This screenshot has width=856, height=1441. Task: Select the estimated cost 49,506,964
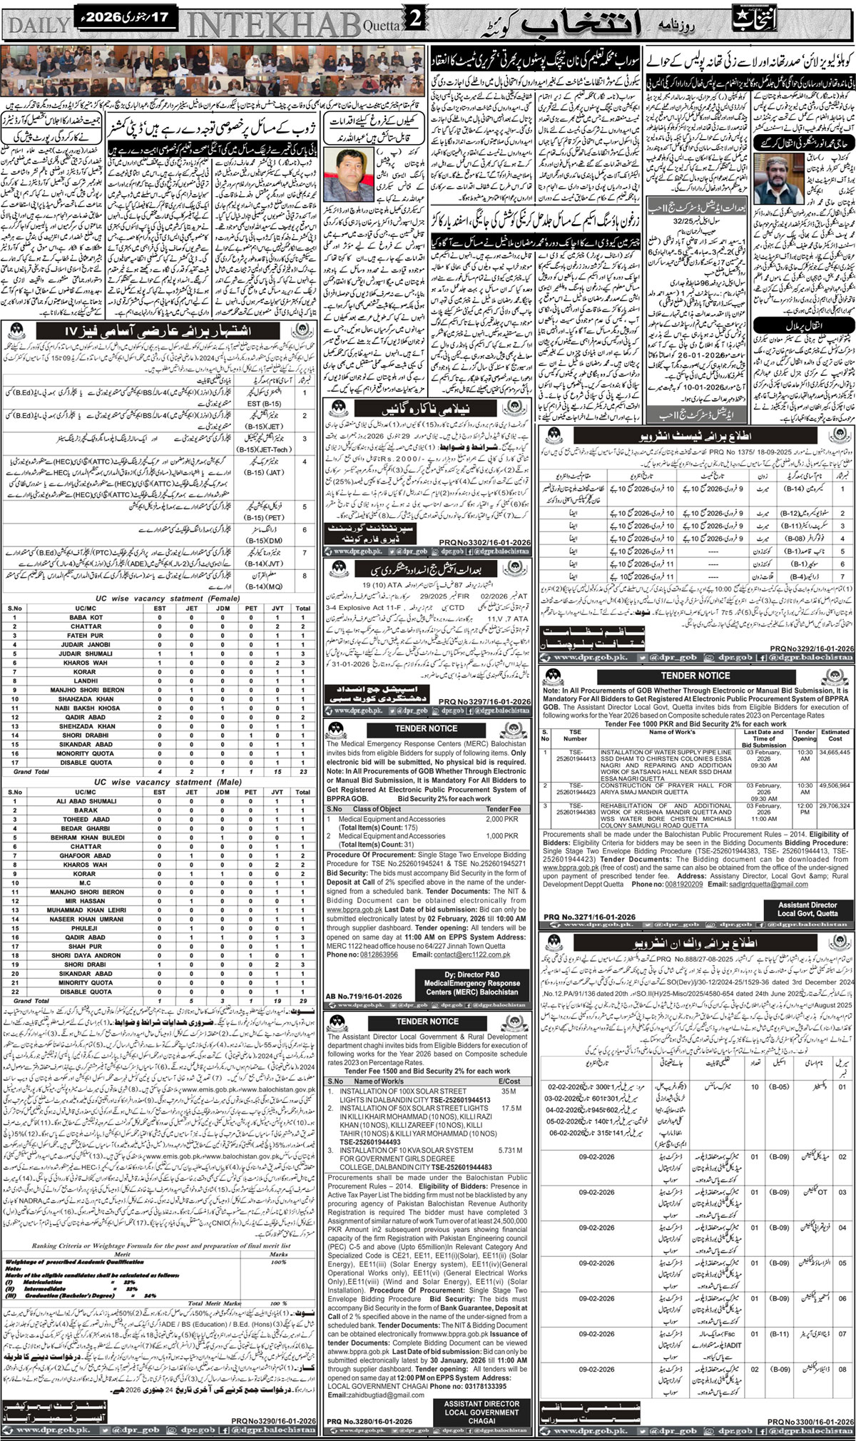835,784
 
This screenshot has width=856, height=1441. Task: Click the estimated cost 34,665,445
835,751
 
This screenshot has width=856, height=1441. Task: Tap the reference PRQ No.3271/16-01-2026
588,917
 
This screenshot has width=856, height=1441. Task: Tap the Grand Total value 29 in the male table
304,1001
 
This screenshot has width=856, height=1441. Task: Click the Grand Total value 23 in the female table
304,771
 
